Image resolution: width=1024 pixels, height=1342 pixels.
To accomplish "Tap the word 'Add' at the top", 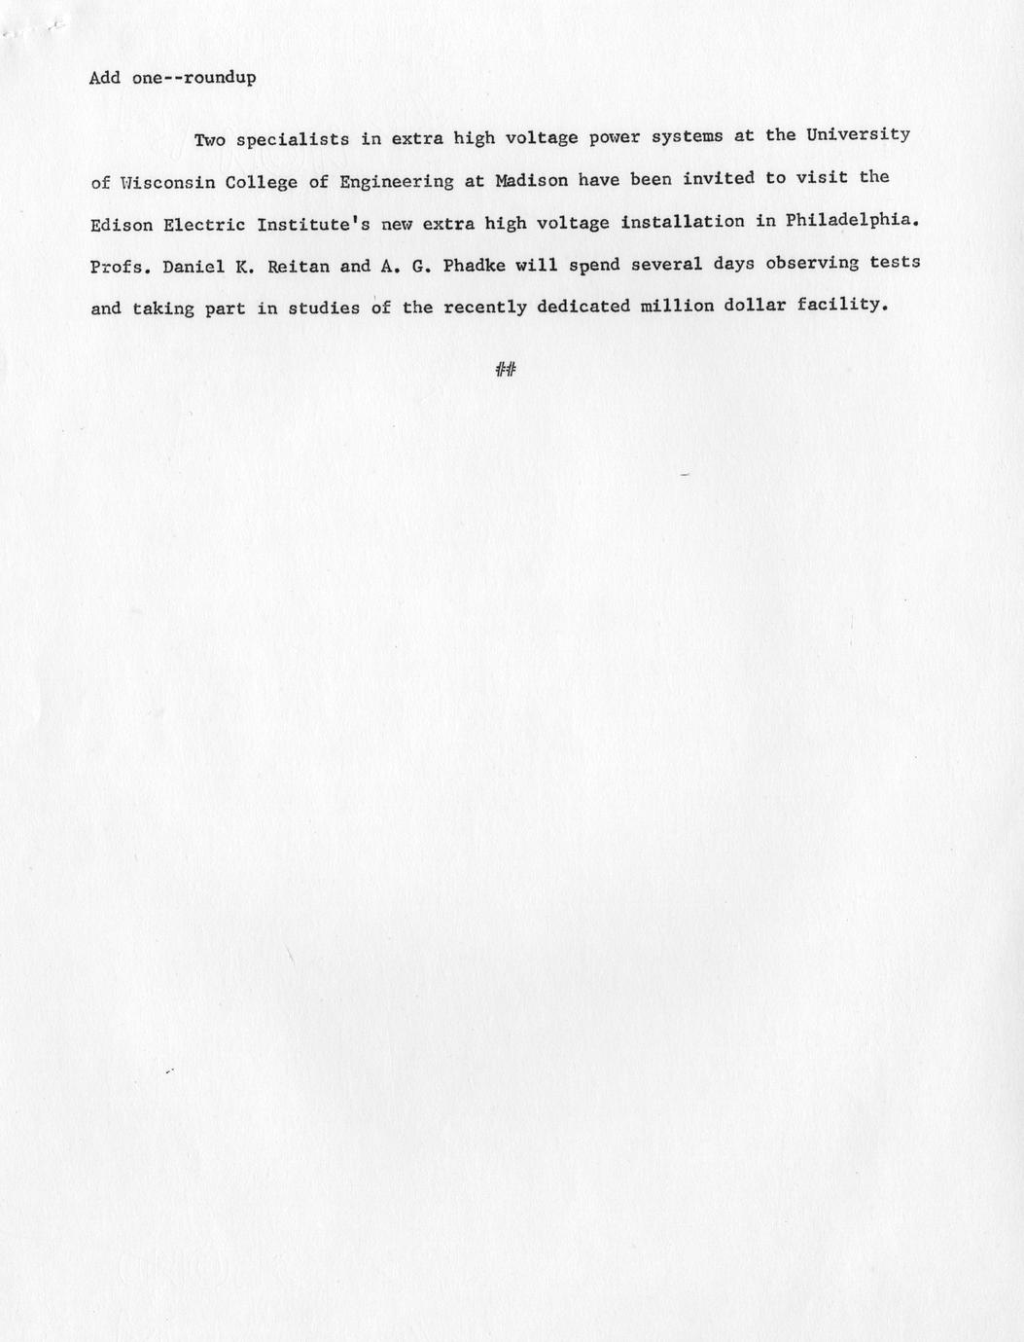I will [x=105, y=78].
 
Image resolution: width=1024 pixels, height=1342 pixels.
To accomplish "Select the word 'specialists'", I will [x=293, y=139].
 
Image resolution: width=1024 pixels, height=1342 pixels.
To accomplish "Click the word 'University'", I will [x=858, y=134].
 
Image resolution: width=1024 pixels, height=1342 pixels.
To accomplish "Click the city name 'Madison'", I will [x=531, y=180].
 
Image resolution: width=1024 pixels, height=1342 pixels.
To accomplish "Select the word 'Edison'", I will [x=122, y=225].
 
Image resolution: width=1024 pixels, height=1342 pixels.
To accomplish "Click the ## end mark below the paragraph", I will [x=506, y=369].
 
